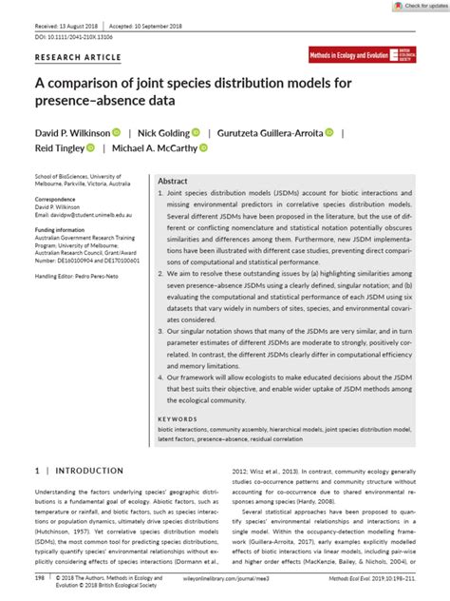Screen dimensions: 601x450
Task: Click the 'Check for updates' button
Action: point(422,6)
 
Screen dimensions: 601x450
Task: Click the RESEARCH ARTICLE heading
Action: point(71,56)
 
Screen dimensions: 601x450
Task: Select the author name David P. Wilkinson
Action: point(71,132)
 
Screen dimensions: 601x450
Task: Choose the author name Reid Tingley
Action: point(59,147)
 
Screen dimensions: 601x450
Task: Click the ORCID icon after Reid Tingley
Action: point(90,147)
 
